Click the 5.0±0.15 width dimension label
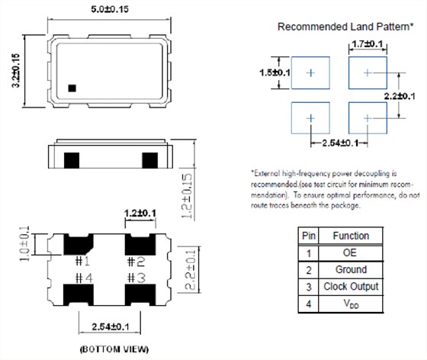[110, 9]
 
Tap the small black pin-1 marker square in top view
[72, 88]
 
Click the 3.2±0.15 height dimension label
[16, 70]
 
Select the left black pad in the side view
[72, 160]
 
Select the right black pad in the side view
[149, 160]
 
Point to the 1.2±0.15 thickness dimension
[188, 196]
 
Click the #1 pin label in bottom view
[82, 262]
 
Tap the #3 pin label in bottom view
[136, 278]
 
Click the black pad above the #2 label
[140, 244]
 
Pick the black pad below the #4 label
[79, 294]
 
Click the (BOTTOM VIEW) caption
[114, 349]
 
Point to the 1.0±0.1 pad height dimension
[24, 243]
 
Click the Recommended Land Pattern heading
[345, 27]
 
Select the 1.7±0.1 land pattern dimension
[368, 43]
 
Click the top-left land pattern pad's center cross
[310, 72]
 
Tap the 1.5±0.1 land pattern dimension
[274, 72]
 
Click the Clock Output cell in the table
[351, 287]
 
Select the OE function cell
[350, 252]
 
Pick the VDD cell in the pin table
[351, 304]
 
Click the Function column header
[351, 236]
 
